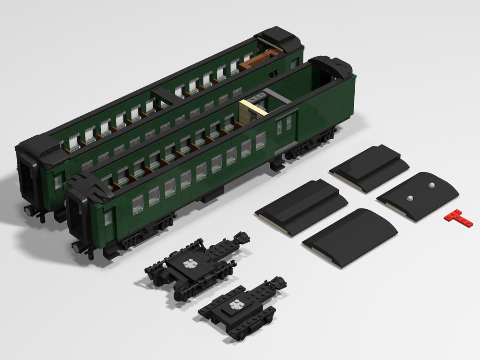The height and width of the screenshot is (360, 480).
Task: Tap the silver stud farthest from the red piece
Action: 410,198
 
